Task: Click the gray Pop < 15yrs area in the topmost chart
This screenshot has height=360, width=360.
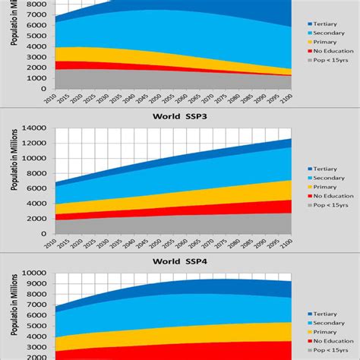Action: tap(114, 79)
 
